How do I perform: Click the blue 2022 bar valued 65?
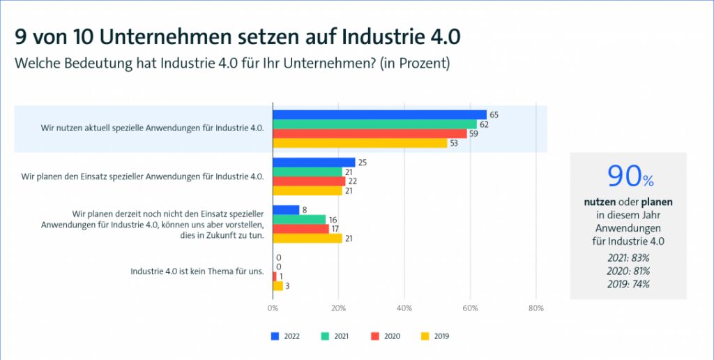(x=379, y=114)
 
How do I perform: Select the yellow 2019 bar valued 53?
(x=360, y=143)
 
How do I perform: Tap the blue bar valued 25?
(x=314, y=162)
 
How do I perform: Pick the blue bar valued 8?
(x=286, y=209)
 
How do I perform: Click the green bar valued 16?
(x=299, y=219)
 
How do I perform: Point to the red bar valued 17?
(x=301, y=229)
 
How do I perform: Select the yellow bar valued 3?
(x=278, y=285)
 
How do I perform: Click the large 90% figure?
(x=630, y=177)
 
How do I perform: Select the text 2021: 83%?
(x=628, y=257)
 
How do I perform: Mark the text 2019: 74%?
(x=628, y=284)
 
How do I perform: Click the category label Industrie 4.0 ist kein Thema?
(x=197, y=271)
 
